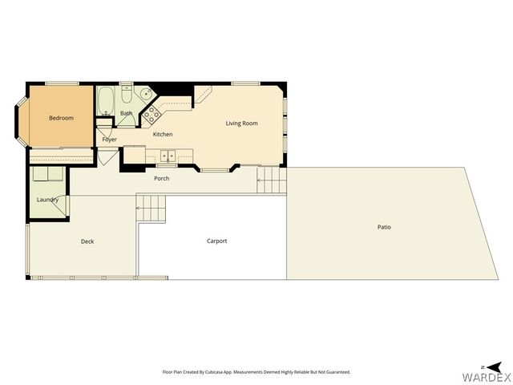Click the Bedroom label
point(61,119)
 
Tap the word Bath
point(126,114)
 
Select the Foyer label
point(110,140)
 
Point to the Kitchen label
point(163,134)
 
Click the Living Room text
point(241,123)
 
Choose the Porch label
point(162,178)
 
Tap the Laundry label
point(47,200)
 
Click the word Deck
point(87,241)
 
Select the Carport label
point(217,241)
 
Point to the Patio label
point(385,227)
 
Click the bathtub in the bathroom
point(107,101)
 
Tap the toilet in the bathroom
point(127,97)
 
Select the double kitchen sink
point(168,156)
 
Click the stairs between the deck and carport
point(150,209)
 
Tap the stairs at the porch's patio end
point(271,180)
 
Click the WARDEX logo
point(486,376)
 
